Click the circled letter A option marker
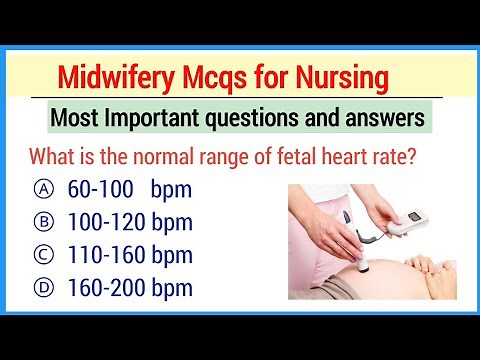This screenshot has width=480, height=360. [43, 189]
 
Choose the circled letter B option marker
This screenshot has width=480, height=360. [43, 222]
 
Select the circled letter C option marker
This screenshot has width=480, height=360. [43, 256]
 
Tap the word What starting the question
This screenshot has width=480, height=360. [55, 157]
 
